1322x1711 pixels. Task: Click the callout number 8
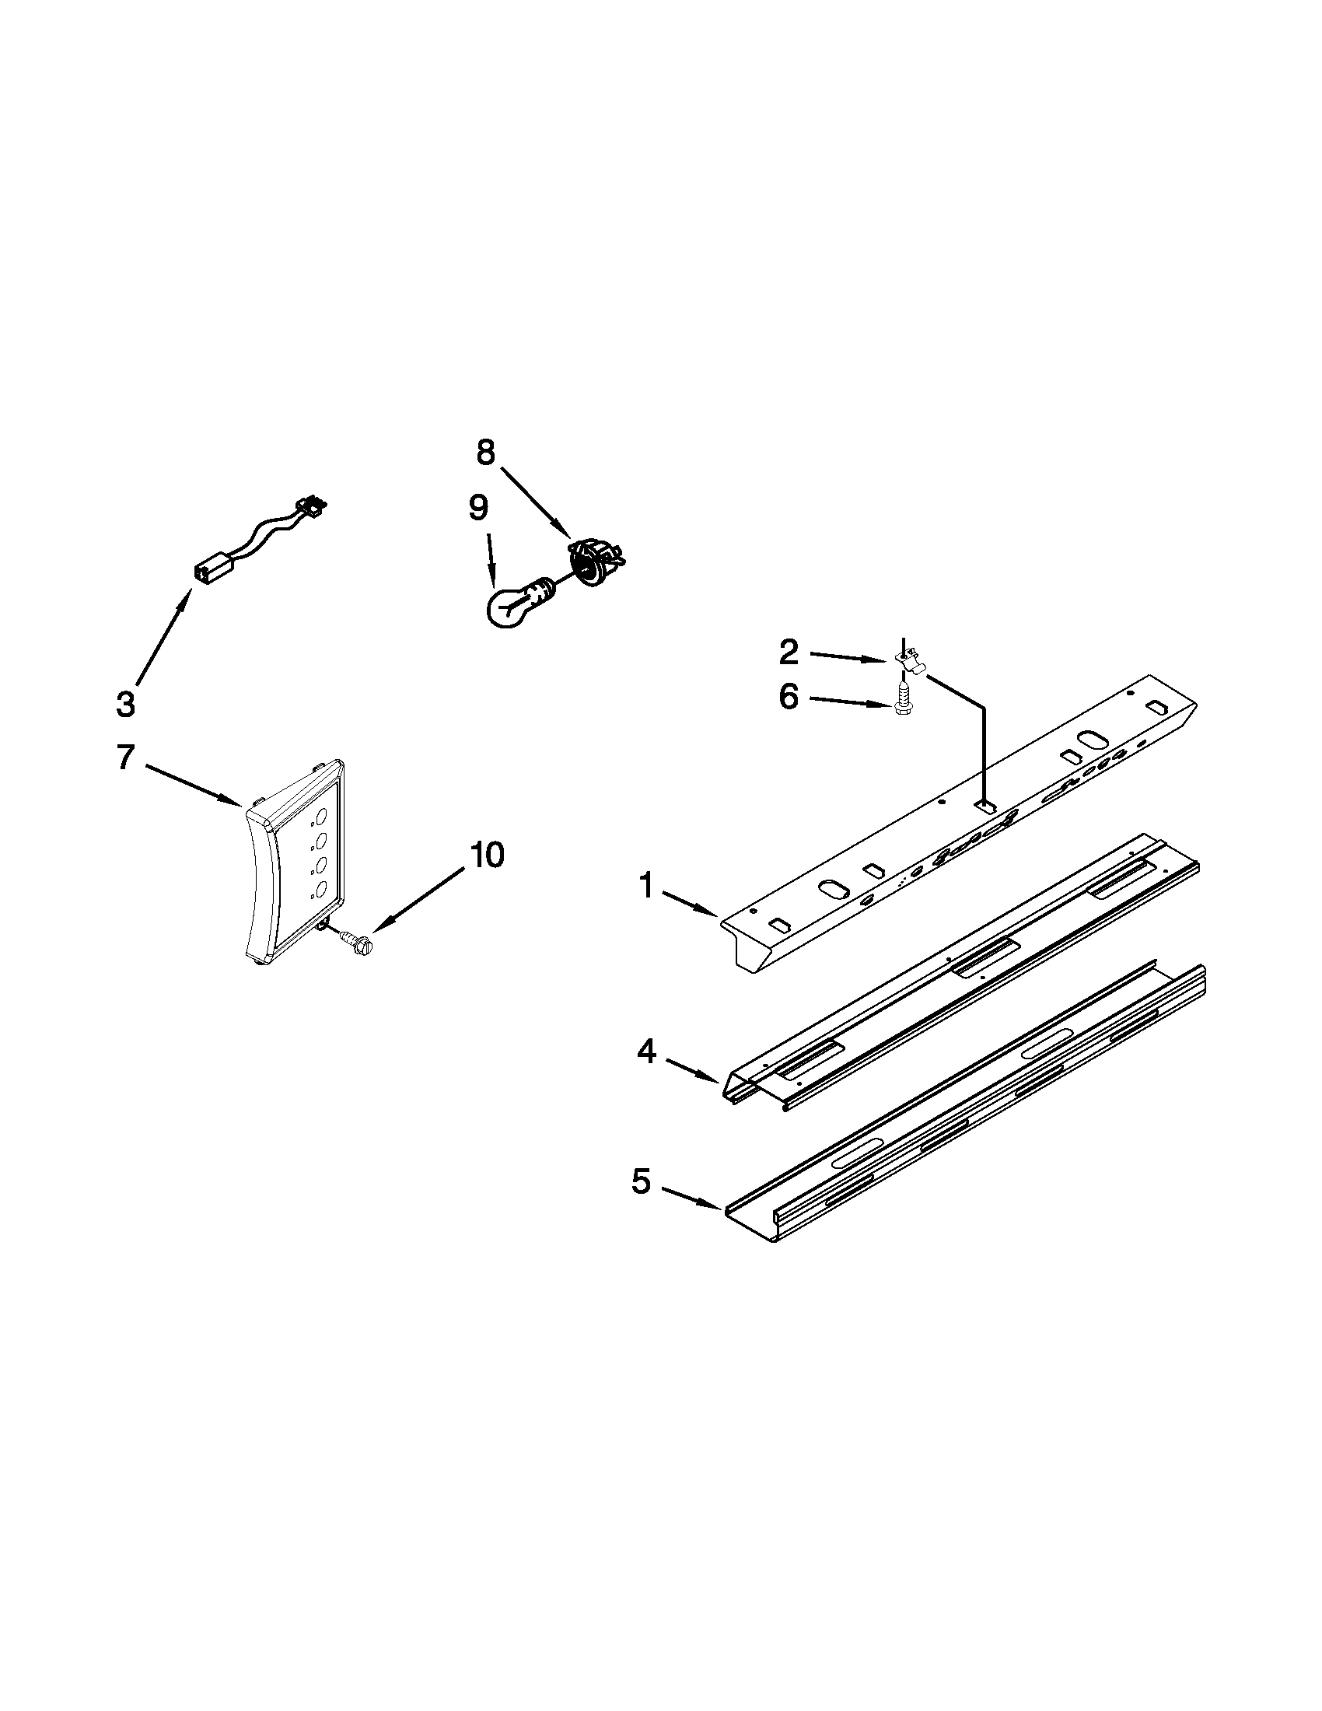pyautogui.click(x=485, y=452)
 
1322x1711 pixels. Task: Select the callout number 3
pyautogui.click(x=125, y=703)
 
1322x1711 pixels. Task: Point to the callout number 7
pyautogui.click(x=125, y=757)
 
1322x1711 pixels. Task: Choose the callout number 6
pyautogui.click(x=789, y=696)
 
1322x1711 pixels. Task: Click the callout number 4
pyautogui.click(x=646, y=1051)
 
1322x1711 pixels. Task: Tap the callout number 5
pyautogui.click(x=641, y=1181)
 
